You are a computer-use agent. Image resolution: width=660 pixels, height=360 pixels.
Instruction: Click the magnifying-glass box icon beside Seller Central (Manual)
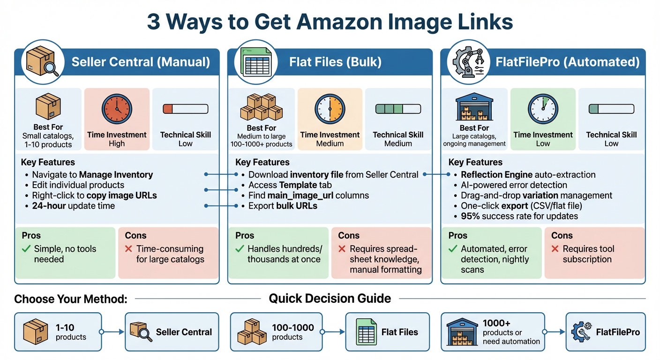(x=42, y=61)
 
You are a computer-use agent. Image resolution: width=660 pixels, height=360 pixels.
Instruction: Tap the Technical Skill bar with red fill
(x=185, y=109)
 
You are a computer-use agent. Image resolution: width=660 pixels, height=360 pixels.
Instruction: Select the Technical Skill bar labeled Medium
(x=398, y=109)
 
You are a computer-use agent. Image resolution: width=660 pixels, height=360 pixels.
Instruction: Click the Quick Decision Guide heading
(x=330, y=299)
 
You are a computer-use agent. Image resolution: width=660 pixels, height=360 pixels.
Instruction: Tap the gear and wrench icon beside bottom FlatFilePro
(x=580, y=332)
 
